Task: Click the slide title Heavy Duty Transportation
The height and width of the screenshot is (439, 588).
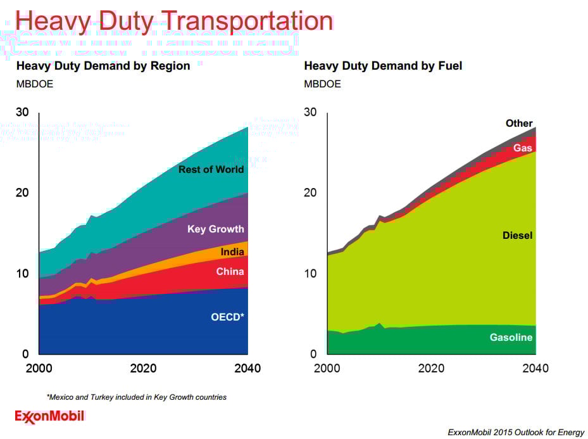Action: tap(174, 21)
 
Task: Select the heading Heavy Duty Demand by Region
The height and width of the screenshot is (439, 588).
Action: tap(103, 66)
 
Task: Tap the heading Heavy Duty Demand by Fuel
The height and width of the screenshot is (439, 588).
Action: tap(383, 66)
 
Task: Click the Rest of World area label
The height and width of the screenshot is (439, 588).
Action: tap(211, 169)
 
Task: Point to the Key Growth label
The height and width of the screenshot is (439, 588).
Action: tap(215, 229)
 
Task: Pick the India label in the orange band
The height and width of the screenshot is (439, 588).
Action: tap(232, 252)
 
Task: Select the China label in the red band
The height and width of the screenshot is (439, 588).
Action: tap(230, 272)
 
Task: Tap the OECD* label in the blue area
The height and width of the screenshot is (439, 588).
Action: tap(227, 317)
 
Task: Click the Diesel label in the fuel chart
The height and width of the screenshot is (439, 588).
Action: tap(517, 236)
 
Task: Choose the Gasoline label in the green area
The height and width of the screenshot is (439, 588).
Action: tap(511, 338)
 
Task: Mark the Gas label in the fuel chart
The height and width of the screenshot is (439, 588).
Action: tap(523, 148)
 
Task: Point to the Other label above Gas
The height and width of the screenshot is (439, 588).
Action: tap(519, 124)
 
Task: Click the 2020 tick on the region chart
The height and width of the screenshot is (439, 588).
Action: tap(143, 369)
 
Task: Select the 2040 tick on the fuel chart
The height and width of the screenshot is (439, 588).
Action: tap(535, 369)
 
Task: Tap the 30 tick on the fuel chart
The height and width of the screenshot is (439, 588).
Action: tap(310, 112)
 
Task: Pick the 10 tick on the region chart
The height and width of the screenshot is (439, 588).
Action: tap(22, 274)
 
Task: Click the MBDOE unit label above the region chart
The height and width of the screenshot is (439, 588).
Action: tap(34, 84)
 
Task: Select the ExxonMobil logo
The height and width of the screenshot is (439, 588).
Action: tap(49, 416)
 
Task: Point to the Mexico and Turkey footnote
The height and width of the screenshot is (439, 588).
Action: tap(137, 397)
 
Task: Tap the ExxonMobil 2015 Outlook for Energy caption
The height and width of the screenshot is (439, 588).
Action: tap(516, 433)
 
